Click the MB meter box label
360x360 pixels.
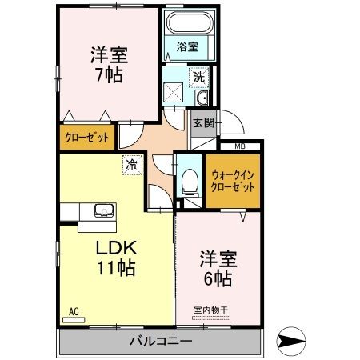coord(239,145)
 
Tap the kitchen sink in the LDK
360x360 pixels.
coord(103,211)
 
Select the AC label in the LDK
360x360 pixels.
coord(73,311)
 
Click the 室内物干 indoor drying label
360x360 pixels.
coord(210,310)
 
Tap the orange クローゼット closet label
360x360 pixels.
coord(87,136)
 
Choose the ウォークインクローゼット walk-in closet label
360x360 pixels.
coord(233,180)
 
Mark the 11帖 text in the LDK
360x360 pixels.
coord(115,268)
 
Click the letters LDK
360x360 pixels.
coord(115,246)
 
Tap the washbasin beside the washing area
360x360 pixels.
coord(200,99)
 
